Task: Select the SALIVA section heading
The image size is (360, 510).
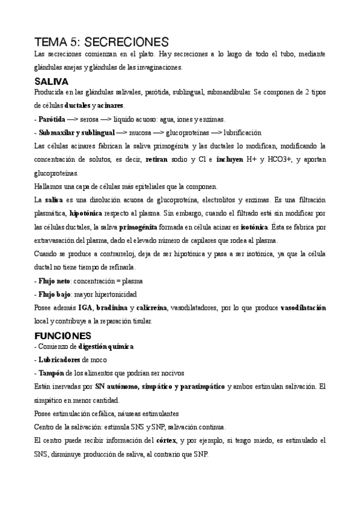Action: [x=52, y=81]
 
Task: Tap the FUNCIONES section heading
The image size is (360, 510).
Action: [x=63, y=335]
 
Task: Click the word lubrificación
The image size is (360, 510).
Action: [x=243, y=132]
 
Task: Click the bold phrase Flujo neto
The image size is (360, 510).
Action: [x=54, y=281]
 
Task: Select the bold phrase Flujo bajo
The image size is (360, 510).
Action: [x=54, y=294]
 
